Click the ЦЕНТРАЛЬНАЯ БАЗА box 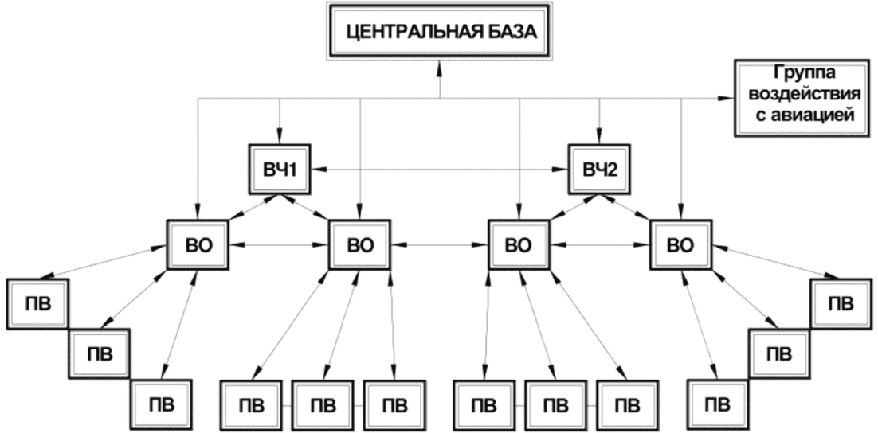click(x=440, y=31)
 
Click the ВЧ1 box click(x=280, y=170)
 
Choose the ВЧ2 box click(x=600, y=170)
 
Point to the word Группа click(x=804, y=74)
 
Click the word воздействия click(x=804, y=93)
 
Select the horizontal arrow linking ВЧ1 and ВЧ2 click(x=440, y=168)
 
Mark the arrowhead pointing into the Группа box click(x=727, y=99)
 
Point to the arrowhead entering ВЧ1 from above click(x=280, y=137)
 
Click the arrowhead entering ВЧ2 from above click(x=600, y=137)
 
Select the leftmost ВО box click(x=198, y=245)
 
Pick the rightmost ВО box click(x=681, y=245)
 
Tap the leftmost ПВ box click(x=37, y=304)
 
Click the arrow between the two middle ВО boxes click(x=440, y=245)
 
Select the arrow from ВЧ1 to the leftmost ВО click(x=255, y=207)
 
